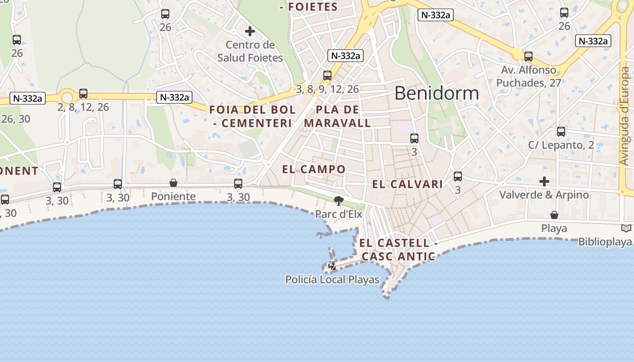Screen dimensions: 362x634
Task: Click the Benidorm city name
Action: [x=437, y=93]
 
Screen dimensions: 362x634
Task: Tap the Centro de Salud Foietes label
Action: [x=250, y=51]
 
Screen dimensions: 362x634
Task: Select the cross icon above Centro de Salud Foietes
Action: [x=250, y=31]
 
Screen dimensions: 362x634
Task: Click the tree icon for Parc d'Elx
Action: [x=338, y=200]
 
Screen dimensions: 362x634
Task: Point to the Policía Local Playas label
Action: [x=332, y=280]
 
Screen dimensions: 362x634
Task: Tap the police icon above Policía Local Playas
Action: [x=332, y=266]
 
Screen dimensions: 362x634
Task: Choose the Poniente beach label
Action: [x=173, y=196]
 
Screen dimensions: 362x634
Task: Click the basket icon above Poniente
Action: [x=173, y=183]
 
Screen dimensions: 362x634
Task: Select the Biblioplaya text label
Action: [x=605, y=242]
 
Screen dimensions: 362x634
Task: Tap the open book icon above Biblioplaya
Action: [x=626, y=229]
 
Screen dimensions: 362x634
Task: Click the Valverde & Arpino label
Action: [x=544, y=195]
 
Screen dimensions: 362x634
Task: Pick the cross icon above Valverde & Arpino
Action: [x=544, y=181]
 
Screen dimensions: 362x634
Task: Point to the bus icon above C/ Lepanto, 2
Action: [x=561, y=132]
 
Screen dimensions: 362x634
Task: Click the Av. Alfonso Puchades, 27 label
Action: [x=528, y=76]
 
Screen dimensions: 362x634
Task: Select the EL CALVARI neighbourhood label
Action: [x=408, y=184]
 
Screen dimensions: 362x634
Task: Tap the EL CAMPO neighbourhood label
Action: [x=314, y=169]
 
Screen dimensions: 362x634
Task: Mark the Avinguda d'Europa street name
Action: [x=624, y=116]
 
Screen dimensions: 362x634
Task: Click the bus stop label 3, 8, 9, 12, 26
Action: [x=327, y=89]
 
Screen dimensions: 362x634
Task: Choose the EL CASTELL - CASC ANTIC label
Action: [x=399, y=250]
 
